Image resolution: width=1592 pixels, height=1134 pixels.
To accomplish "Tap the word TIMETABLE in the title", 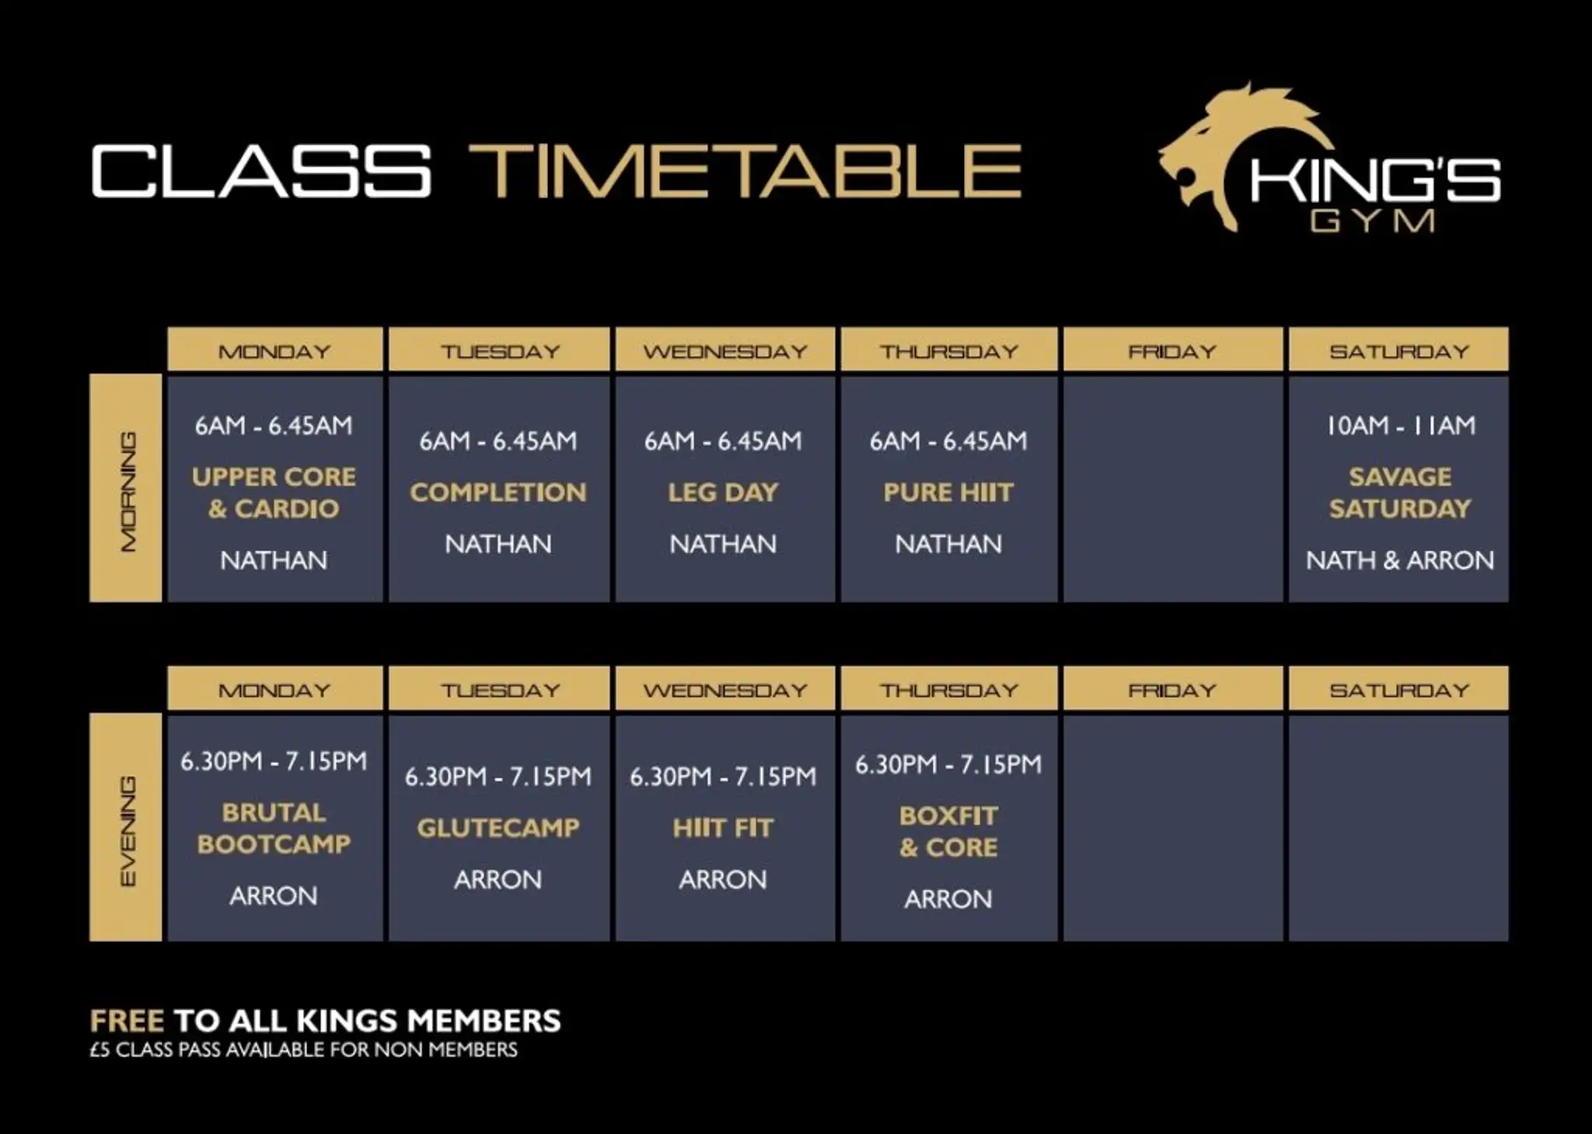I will point(745,171).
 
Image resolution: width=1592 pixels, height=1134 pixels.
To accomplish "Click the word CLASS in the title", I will point(261,171).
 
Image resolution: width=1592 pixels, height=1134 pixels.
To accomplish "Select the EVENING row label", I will point(126,828).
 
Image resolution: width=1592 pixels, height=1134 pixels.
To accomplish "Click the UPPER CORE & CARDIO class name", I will point(274,492).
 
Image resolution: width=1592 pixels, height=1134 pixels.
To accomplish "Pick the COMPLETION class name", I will point(498,492).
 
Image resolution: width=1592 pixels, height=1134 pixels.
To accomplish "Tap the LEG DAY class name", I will point(723,492).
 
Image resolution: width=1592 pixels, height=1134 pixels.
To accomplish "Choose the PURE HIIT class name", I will point(948,492).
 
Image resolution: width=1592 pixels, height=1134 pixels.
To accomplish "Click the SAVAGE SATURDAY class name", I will point(1399,492).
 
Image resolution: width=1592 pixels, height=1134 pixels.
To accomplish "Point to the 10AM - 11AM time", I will point(1400,425).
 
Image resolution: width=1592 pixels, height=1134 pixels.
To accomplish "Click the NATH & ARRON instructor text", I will point(1399,560).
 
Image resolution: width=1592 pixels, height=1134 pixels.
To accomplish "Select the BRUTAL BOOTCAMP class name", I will point(274,828).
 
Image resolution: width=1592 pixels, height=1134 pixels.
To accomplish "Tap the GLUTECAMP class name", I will point(498,828).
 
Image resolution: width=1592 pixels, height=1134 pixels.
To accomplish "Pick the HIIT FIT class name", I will point(723,828).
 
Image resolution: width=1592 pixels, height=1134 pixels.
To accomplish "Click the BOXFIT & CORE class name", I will point(948,831).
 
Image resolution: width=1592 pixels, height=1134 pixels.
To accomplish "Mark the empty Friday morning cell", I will point(1173,488).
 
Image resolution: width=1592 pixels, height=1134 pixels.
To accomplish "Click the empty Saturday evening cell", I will point(1398,828).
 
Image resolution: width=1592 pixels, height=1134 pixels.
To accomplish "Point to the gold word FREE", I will point(127,1020).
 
